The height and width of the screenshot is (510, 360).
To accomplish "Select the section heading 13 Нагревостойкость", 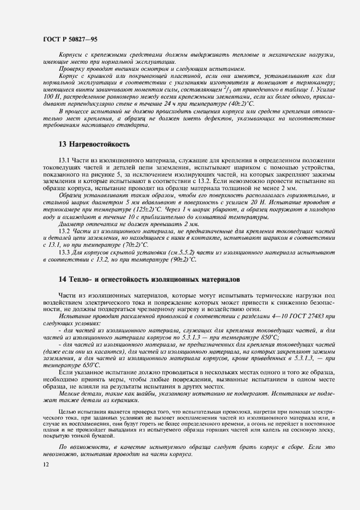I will [x=94, y=145].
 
